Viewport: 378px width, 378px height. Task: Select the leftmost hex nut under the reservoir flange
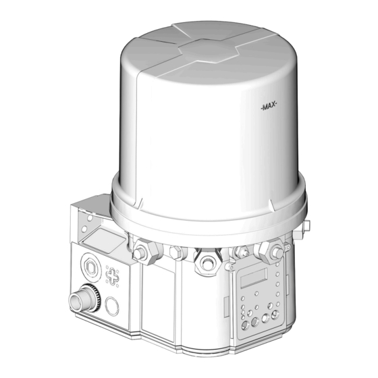pos(140,253)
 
